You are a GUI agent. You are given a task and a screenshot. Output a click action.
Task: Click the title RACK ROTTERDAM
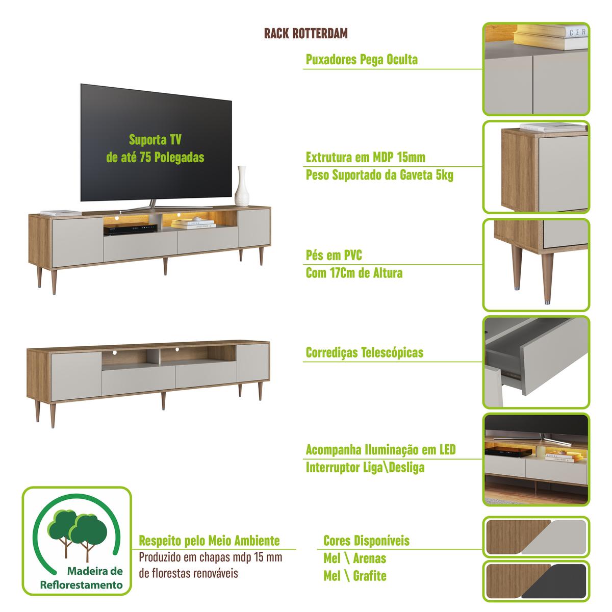306,33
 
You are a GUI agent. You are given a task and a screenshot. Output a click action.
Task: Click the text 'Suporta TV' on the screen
155,139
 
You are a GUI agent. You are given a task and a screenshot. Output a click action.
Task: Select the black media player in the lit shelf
131,229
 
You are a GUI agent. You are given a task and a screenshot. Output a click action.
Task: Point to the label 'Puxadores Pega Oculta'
362,59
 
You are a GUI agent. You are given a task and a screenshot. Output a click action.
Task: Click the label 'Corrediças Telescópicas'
364,352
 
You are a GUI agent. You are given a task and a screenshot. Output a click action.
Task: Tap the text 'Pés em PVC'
334,255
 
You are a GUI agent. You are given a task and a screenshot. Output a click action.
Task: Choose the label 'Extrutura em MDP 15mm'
365,157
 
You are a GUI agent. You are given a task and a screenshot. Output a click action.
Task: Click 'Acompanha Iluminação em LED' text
380,450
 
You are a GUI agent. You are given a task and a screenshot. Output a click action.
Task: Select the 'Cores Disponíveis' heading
366,541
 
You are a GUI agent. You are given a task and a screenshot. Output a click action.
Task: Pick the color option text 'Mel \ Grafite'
355,576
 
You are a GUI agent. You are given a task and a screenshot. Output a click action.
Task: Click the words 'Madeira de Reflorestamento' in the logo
82,578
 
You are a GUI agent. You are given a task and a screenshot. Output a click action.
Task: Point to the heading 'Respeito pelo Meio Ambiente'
209,541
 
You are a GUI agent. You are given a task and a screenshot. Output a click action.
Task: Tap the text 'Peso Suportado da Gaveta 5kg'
379,175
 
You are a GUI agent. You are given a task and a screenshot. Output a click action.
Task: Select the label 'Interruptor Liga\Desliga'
365,468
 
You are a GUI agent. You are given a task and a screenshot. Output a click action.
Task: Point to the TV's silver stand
149,206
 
